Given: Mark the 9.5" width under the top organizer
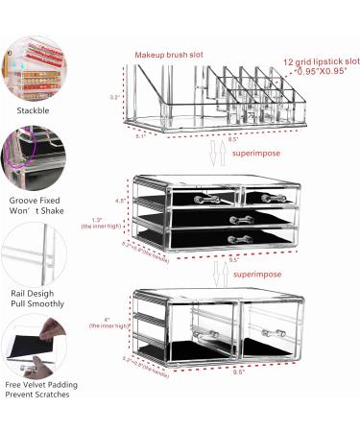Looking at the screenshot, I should pyautogui.click(x=233, y=141).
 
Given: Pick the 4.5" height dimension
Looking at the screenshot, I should pyautogui.click(x=121, y=202).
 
